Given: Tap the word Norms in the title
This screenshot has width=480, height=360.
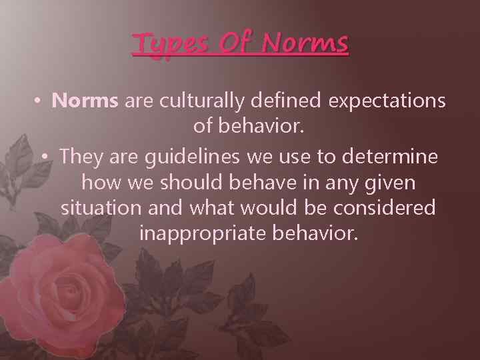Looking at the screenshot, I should point(305,44).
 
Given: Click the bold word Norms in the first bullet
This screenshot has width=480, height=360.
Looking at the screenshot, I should point(85,101).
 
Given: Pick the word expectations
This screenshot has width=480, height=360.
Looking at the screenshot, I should point(387,101).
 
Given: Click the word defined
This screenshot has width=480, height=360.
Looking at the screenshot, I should point(292,101).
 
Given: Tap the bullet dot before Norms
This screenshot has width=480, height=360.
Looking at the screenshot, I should point(39,101).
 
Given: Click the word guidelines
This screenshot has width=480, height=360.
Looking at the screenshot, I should point(187,157).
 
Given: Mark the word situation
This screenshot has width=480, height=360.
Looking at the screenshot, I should point(101,207).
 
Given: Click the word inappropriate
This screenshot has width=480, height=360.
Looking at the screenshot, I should point(201,233).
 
